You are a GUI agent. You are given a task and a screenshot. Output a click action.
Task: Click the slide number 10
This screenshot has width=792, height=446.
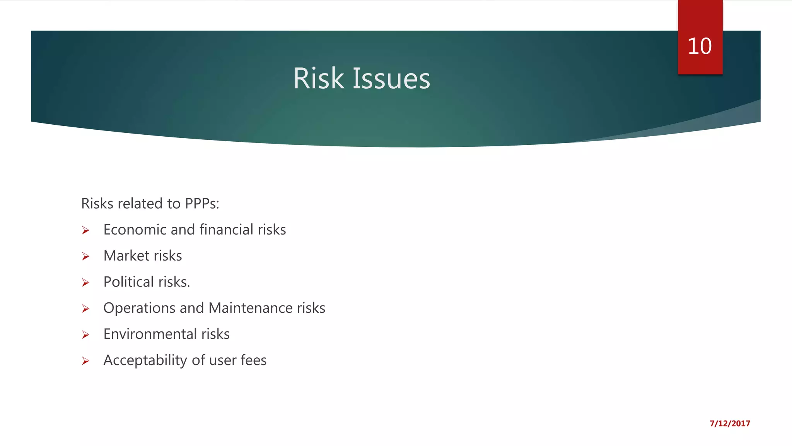click(x=700, y=46)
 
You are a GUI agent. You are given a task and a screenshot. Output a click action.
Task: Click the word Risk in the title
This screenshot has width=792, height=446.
click(x=318, y=79)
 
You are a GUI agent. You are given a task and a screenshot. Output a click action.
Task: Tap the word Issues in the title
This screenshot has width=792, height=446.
click(x=391, y=79)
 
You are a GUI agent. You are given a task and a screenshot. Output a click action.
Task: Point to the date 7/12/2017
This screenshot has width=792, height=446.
click(x=730, y=424)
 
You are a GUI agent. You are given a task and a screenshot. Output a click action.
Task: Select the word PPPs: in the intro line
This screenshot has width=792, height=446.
click(x=202, y=204)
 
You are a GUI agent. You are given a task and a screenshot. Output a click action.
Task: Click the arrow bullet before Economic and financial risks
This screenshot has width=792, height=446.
click(x=85, y=231)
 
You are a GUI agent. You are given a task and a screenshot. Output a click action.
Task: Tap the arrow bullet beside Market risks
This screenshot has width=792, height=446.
click(x=85, y=257)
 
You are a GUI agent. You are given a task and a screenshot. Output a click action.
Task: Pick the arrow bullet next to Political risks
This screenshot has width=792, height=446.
click(x=85, y=283)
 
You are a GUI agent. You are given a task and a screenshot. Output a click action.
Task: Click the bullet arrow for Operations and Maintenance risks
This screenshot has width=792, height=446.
click(x=85, y=309)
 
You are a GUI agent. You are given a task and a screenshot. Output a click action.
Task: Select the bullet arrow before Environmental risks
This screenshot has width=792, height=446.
click(x=85, y=335)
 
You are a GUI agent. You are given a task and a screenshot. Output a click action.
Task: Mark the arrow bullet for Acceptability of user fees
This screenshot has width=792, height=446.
click(x=85, y=361)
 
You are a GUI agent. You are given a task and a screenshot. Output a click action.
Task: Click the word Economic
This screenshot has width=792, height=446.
click(x=135, y=230)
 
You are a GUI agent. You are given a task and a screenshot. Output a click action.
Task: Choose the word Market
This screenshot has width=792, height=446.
click(x=126, y=256)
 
